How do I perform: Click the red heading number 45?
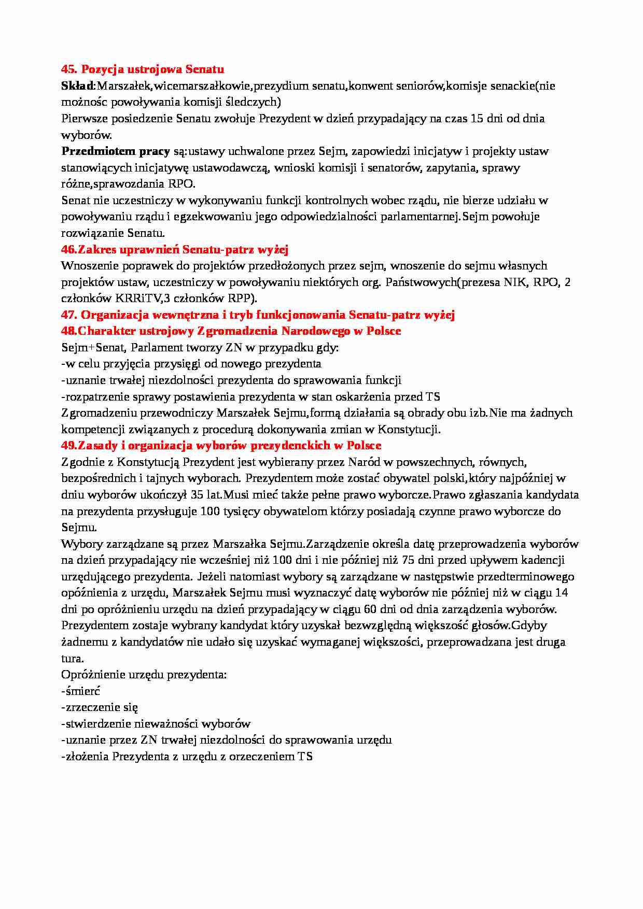click(69, 69)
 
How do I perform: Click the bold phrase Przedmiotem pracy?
click(116, 151)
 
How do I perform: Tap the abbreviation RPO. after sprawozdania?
click(181, 184)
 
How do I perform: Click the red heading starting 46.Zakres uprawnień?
click(175, 249)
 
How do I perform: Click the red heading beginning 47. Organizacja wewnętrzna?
click(258, 315)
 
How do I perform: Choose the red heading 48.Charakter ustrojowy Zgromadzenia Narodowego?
click(231, 331)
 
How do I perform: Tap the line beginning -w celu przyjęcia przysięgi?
click(191, 364)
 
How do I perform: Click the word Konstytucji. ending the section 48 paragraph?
click(409, 429)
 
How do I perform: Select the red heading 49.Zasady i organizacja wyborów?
click(221, 446)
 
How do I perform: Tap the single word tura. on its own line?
click(72, 658)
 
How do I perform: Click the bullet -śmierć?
click(80, 691)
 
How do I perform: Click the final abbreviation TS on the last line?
click(305, 756)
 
